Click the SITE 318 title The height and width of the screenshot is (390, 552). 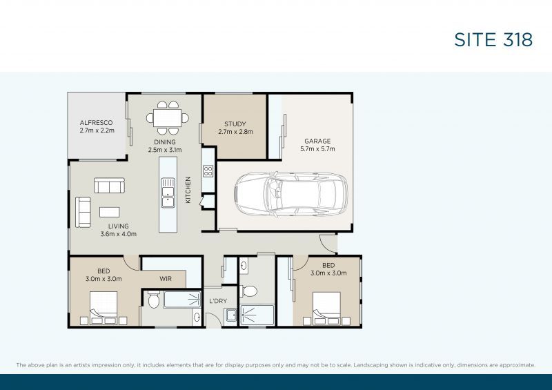[493, 39]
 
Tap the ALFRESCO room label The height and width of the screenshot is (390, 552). [96, 122]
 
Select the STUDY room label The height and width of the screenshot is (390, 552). [235, 124]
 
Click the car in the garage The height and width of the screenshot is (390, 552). [290, 194]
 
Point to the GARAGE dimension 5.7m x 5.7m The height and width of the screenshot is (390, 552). [317, 148]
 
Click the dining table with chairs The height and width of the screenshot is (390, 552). [166, 117]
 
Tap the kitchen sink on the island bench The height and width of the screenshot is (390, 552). [168, 193]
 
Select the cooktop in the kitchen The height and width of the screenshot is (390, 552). [208, 169]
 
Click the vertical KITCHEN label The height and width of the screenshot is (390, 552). [188, 190]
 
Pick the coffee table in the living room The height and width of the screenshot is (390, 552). [110, 212]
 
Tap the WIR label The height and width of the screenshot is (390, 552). [166, 279]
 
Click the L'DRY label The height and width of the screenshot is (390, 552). [218, 301]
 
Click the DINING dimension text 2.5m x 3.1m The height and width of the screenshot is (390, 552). [164, 149]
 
